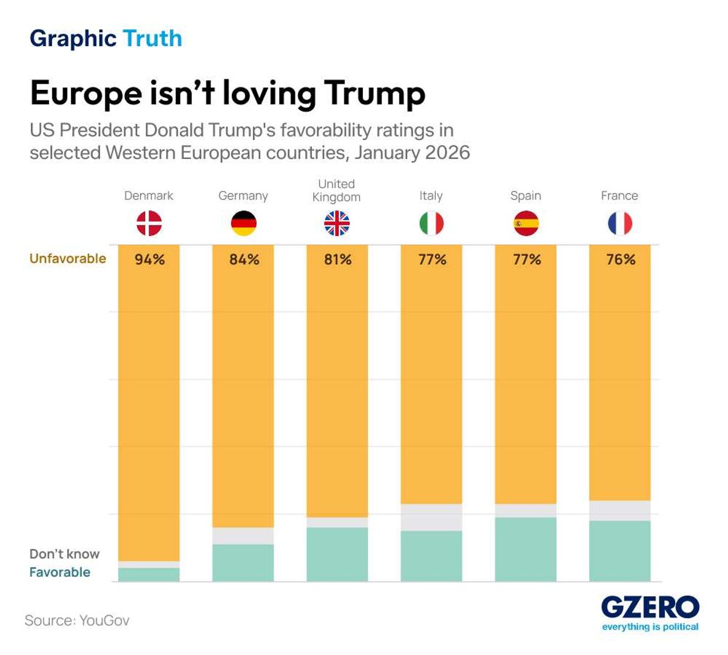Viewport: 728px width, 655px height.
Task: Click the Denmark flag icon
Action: (149, 223)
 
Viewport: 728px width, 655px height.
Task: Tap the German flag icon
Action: (243, 223)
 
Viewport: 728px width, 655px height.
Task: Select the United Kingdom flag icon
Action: (337, 223)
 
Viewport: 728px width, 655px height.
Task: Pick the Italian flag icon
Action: (431, 223)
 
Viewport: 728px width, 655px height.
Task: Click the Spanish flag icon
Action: (526, 223)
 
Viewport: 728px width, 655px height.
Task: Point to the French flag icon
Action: (619, 223)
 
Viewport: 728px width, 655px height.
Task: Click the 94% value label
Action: (149, 260)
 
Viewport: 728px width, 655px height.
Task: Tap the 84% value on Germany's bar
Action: (244, 260)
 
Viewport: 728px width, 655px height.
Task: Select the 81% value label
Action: (337, 260)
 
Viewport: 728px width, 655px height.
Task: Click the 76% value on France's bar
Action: (620, 260)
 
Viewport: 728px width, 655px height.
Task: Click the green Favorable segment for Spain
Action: (526, 549)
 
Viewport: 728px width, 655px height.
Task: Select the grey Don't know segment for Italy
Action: (431, 517)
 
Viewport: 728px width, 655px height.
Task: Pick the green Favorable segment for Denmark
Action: (149, 574)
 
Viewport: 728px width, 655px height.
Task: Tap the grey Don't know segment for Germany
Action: (243, 536)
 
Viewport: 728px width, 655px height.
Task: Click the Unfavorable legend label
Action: (68, 258)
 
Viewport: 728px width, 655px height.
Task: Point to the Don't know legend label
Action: (64, 554)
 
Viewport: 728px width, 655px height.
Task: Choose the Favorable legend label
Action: (59, 572)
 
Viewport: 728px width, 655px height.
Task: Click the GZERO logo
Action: (650, 608)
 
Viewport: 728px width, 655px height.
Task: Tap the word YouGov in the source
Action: (104, 620)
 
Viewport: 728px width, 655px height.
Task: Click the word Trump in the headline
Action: (374, 93)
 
